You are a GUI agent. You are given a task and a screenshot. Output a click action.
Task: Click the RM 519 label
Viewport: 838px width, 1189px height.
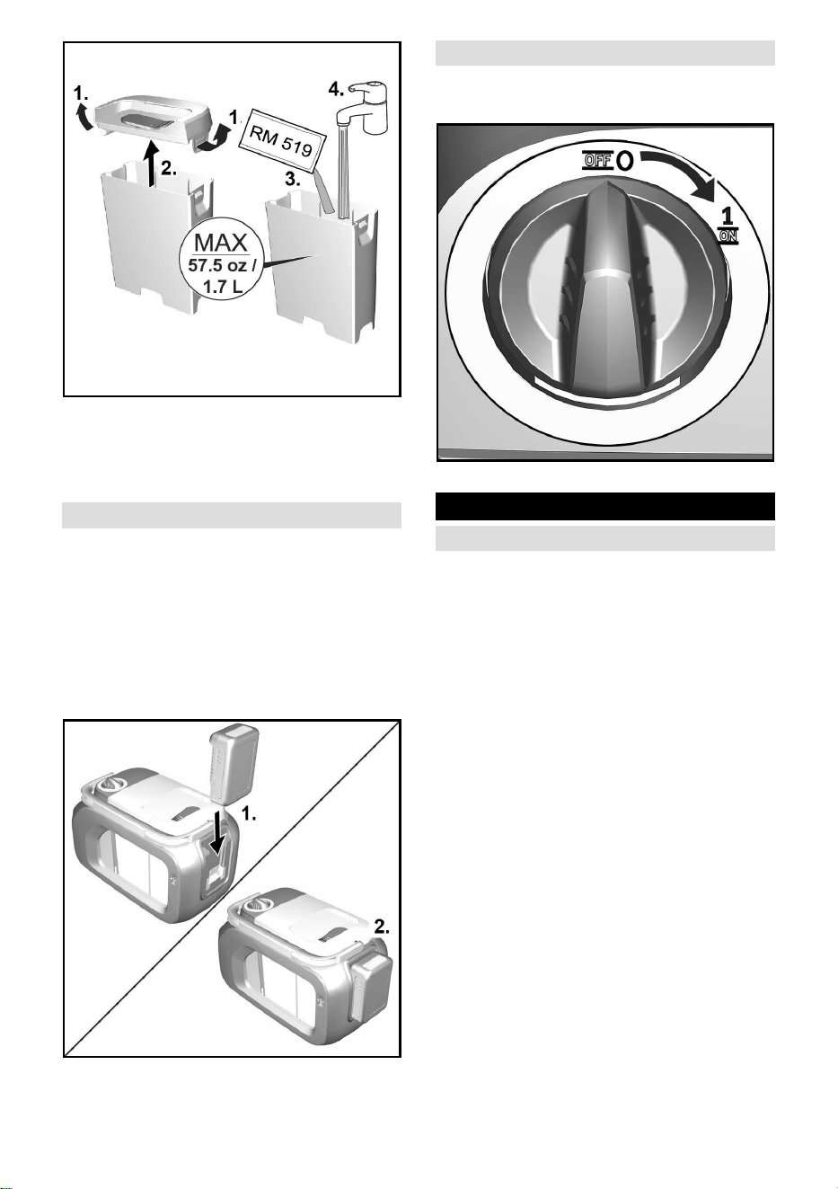(281, 137)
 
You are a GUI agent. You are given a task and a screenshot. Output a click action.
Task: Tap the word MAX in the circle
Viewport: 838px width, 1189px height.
(221, 243)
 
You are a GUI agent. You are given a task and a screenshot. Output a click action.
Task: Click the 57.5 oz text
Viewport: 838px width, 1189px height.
(217, 265)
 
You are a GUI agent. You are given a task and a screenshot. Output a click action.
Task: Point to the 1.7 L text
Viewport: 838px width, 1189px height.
(223, 287)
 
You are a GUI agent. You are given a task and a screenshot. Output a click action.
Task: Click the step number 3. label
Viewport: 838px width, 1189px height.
(292, 180)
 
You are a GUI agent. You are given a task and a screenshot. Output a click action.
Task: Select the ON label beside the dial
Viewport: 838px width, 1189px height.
(728, 236)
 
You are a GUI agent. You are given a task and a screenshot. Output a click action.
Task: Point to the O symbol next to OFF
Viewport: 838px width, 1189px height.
(625, 160)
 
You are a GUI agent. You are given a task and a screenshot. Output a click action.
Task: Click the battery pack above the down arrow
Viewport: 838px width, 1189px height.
(234, 765)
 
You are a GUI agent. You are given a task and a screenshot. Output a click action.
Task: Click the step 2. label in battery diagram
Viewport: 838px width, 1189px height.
(382, 927)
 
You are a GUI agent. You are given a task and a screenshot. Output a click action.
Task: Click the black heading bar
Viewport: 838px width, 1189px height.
(605, 506)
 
